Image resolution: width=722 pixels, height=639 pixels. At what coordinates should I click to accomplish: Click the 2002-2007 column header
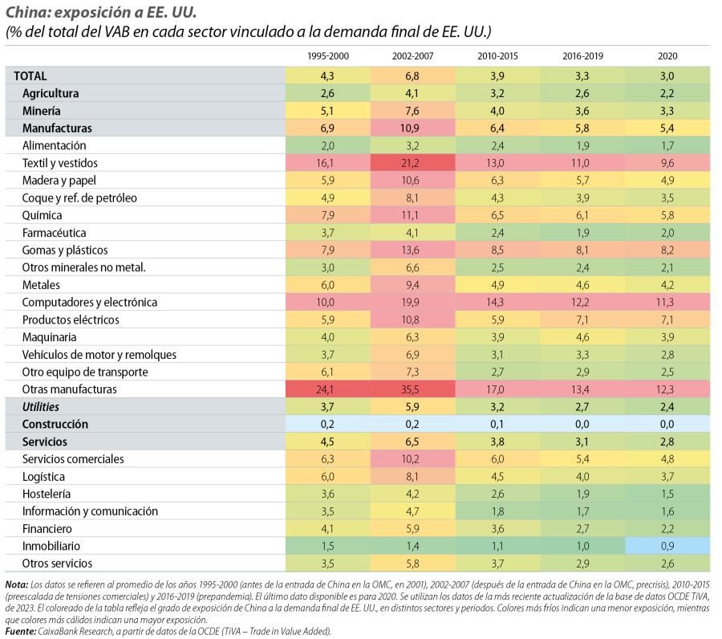point(412,56)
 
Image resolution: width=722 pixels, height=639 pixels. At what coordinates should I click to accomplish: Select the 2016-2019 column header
point(582,56)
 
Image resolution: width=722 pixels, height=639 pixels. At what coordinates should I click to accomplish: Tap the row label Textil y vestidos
point(60,163)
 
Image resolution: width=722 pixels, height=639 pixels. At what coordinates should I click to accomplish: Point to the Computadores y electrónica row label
point(90,302)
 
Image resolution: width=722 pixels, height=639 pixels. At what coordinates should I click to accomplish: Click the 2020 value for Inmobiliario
point(667,546)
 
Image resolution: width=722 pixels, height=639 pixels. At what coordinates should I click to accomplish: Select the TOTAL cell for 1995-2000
point(327,76)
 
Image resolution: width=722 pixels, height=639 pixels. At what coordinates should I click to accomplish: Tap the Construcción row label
point(55,425)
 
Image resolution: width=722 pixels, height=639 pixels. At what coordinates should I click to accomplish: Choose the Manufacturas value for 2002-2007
point(410,128)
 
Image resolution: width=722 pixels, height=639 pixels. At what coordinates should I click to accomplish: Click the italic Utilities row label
point(41,407)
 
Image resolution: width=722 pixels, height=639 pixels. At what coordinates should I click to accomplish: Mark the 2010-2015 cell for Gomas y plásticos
point(497,250)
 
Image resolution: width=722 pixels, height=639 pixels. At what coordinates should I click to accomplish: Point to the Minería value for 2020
point(667,111)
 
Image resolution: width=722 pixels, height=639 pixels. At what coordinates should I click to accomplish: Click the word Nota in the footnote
point(17,584)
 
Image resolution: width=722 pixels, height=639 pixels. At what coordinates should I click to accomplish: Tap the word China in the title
point(27,12)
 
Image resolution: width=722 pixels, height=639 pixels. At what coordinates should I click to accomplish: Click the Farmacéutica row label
point(54,233)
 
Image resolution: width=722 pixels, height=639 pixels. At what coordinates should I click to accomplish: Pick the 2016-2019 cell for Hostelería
point(582,494)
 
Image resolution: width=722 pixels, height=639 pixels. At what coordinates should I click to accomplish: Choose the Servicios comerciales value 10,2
point(410,459)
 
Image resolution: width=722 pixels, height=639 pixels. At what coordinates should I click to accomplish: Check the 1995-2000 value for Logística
point(327,476)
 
